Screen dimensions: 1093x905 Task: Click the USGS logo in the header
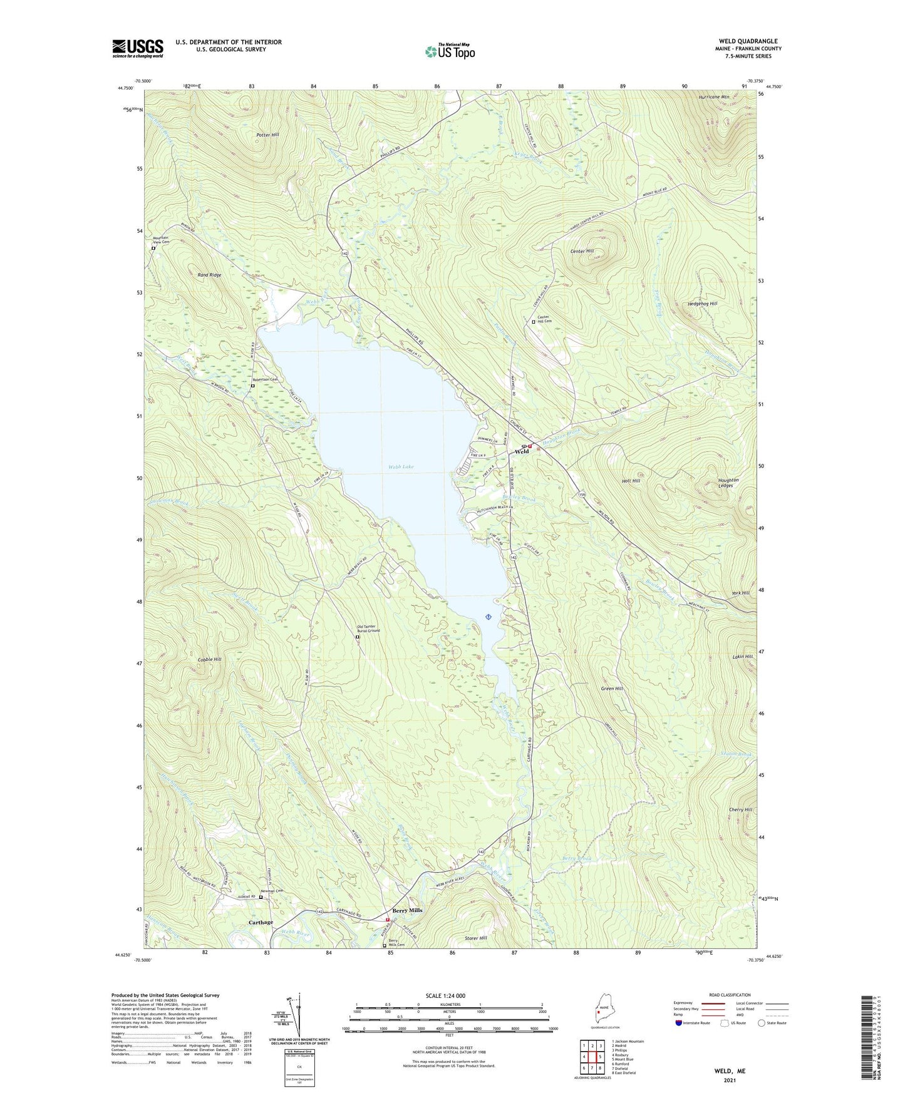coord(138,48)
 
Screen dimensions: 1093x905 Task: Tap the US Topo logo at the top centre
coord(450,51)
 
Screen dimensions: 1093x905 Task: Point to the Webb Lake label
coord(401,467)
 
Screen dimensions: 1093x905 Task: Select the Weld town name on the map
coord(522,451)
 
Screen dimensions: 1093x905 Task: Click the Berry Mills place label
coord(407,910)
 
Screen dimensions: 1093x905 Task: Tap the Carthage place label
coord(261,922)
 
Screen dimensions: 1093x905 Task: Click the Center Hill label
coord(582,251)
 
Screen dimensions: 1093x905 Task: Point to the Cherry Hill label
coord(740,809)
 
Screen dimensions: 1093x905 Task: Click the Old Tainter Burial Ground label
coord(368,629)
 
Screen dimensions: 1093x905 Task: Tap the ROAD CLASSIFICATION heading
coord(729,995)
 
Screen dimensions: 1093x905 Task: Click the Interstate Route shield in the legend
coord(680,1023)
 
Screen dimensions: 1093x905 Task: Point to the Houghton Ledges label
coord(728,483)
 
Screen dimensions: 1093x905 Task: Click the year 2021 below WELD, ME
coord(730,1080)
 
